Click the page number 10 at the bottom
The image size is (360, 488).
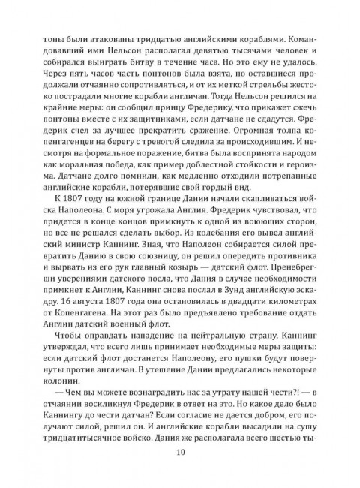point(180,451)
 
